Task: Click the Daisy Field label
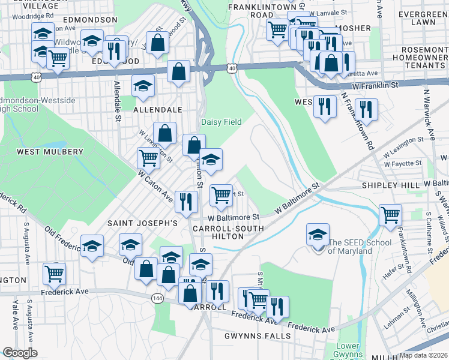tap(221, 122)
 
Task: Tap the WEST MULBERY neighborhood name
tap(50, 152)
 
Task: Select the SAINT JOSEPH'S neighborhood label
tap(142, 223)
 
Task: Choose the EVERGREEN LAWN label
tap(420, 16)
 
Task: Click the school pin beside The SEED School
tap(318, 235)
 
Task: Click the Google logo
tap(20, 353)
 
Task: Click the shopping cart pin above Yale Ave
tap(54, 274)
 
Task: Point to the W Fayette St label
tap(403, 163)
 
